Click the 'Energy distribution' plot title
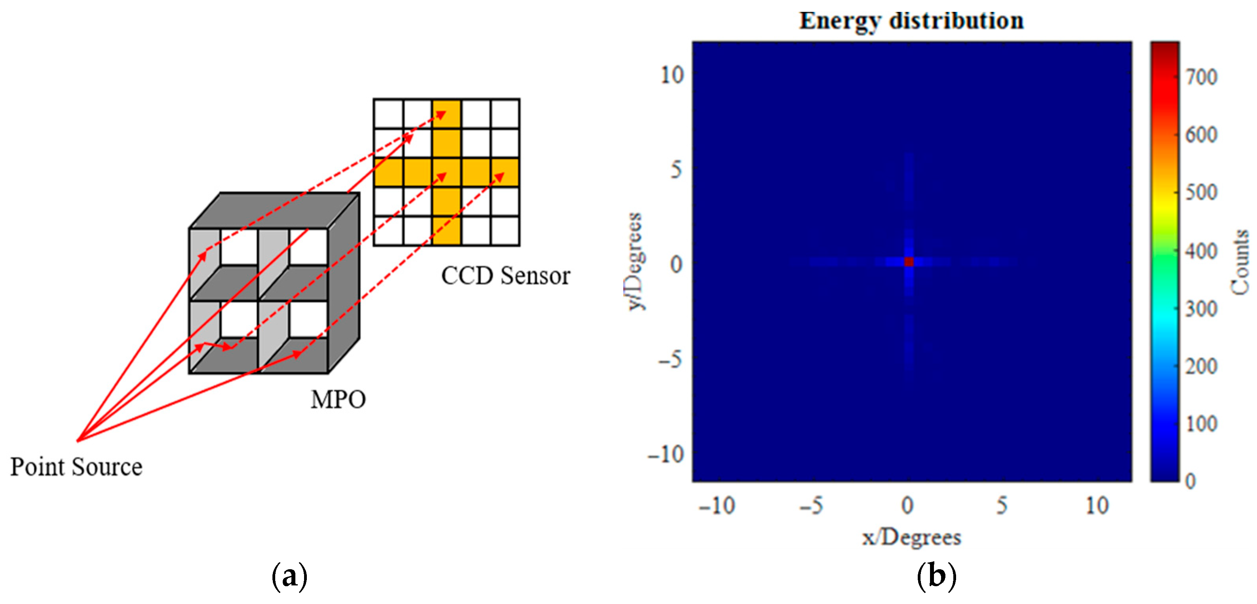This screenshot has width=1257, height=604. pyautogui.click(x=911, y=21)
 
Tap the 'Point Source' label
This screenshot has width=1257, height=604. pyautogui.click(x=76, y=467)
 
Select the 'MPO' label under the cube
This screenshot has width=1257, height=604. pyautogui.click(x=338, y=400)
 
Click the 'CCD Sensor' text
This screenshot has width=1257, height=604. pyautogui.click(x=506, y=276)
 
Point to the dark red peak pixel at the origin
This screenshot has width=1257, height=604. pyautogui.click(x=909, y=262)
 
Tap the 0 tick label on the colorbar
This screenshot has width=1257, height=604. pyautogui.click(x=1191, y=481)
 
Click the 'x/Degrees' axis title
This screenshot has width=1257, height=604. pyautogui.click(x=911, y=537)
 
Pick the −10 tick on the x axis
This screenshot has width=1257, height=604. pyautogui.click(x=716, y=506)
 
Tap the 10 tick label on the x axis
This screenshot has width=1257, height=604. pyautogui.click(x=1097, y=506)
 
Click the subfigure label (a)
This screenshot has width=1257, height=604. pyautogui.click(x=289, y=577)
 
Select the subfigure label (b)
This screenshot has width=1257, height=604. pyautogui.click(x=936, y=577)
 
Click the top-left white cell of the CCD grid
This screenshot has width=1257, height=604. pyautogui.click(x=388, y=114)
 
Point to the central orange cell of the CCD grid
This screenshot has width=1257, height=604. pyautogui.click(x=446, y=172)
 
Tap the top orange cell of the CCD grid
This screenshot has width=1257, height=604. pyautogui.click(x=446, y=114)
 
